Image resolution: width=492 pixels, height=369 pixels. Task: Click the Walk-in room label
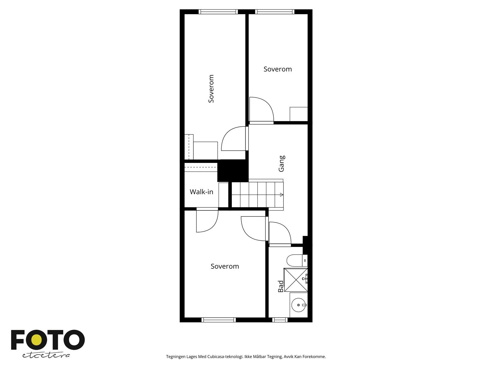pos(201,192)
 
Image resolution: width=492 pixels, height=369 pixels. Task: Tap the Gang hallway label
pos(281,164)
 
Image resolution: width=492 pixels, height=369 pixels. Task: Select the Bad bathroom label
pos(281,286)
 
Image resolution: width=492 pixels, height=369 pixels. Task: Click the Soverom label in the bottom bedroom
pos(225,266)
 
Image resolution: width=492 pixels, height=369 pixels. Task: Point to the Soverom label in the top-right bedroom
pos(278,69)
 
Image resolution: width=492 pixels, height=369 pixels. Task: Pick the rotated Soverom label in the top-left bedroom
pos(211,89)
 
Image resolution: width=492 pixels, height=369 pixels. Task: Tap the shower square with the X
pos(296,280)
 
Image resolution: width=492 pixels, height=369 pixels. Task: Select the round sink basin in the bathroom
pos(298,305)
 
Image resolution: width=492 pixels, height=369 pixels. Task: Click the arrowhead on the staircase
pos(281,195)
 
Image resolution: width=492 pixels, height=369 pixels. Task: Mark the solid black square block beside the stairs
pos(233,171)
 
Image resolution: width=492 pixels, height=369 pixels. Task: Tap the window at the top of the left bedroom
pos(218,12)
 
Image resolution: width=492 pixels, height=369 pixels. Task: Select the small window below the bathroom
pos(280,320)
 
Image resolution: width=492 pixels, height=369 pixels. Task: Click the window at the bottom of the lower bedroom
pos(219,320)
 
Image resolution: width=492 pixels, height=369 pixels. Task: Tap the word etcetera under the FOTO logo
pos(46,355)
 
